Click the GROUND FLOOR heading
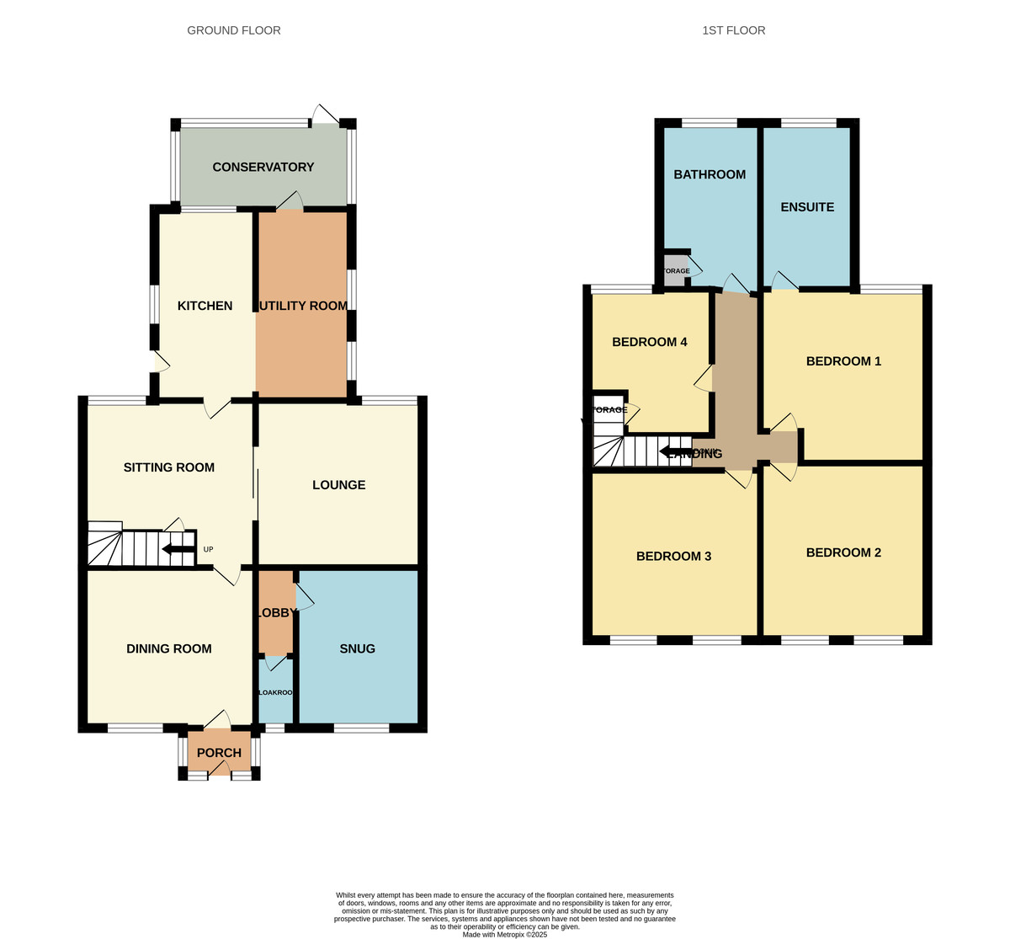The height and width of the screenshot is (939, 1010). pyautogui.click(x=234, y=30)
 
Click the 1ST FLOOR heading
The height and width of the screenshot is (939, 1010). pyautogui.click(x=733, y=30)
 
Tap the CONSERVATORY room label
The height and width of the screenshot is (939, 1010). pyautogui.click(x=263, y=167)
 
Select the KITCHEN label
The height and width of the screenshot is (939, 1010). pyautogui.click(x=205, y=306)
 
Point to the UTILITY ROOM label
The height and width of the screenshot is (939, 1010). pyautogui.click(x=303, y=306)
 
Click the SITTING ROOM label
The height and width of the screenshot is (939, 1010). pyautogui.click(x=168, y=467)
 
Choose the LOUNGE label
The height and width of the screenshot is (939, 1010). pyautogui.click(x=338, y=485)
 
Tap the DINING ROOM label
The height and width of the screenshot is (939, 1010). pyautogui.click(x=168, y=648)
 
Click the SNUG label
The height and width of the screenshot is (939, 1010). pyautogui.click(x=357, y=648)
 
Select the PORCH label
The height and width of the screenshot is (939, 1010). pyautogui.click(x=219, y=753)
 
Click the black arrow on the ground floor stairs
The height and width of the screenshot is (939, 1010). pyautogui.click(x=178, y=550)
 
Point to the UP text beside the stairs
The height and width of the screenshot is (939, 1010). pyautogui.click(x=208, y=550)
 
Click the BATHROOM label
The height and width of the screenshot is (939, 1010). pyautogui.click(x=709, y=174)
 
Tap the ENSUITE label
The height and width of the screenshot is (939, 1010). pyautogui.click(x=806, y=207)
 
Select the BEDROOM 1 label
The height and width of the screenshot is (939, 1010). pyautogui.click(x=843, y=361)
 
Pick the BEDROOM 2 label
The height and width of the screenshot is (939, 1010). pyautogui.click(x=843, y=552)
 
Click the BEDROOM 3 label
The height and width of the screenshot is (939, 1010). pyautogui.click(x=673, y=556)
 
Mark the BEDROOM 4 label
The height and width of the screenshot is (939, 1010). pyautogui.click(x=649, y=342)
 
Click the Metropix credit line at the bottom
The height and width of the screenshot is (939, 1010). pyautogui.click(x=505, y=934)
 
